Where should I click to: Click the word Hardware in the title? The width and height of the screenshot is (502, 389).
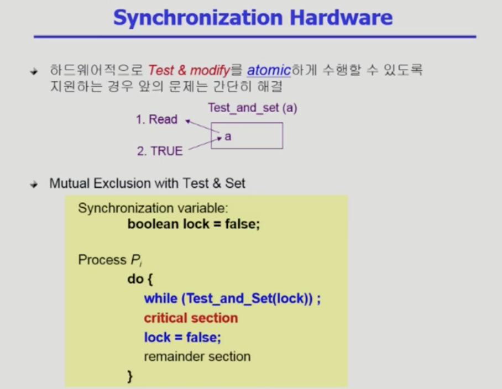pyautogui.click(x=341, y=17)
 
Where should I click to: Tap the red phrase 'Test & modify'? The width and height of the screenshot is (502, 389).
pyautogui.click(x=189, y=70)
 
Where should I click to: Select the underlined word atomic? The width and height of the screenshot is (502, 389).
pyautogui.click(x=269, y=70)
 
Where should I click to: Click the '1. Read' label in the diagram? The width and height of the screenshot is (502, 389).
pyautogui.click(x=156, y=119)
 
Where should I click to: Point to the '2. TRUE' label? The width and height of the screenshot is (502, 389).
pyautogui.click(x=160, y=151)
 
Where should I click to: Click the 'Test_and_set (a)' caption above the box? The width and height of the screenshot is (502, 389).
pyautogui.click(x=253, y=108)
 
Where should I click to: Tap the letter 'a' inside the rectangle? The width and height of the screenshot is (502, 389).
pyautogui.click(x=228, y=136)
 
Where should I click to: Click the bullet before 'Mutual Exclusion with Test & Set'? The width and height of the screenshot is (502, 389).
pyautogui.click(x=34, y=184)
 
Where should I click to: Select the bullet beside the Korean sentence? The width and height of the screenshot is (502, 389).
pyautogui.click(x=34, y=71)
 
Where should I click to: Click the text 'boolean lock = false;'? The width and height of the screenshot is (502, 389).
pyautogui.click(x=194, y=224)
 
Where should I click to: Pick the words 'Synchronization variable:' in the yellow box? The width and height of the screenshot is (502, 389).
pyautogui.click(x=153, y=208)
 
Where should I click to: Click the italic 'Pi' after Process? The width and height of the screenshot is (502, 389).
pyautogui.click(x=136, y=260)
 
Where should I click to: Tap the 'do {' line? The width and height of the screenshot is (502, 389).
pyautogui.click(x=140, y=279)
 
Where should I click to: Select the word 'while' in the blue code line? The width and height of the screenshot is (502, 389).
pyautogui.click(x=161, y=298)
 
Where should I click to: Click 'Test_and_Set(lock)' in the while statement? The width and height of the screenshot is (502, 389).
pyautogui.click(x=247, y=299)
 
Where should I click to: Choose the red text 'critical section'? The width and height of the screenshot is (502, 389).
pyautogui.click(x=191, y=318)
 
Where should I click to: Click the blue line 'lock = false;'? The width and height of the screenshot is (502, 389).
pyautogui.click(x=182, y=338)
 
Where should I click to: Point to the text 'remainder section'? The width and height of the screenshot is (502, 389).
pyautogui.click(x=197, y=356)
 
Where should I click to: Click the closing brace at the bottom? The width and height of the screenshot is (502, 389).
pyautogui.click(x=130, y=376)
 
